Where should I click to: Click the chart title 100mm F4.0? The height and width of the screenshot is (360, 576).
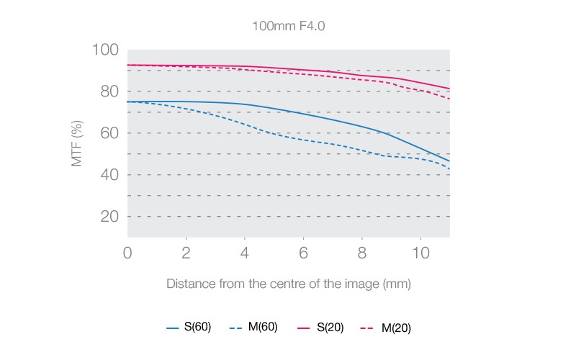click(287, 26)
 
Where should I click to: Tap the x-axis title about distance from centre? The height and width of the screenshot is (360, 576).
click(288, 284)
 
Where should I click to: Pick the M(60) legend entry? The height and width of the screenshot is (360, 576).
click(254, 328)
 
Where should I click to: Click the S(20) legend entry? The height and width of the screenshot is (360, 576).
click(320, 328)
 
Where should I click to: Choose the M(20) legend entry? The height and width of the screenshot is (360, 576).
click(387, 328)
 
